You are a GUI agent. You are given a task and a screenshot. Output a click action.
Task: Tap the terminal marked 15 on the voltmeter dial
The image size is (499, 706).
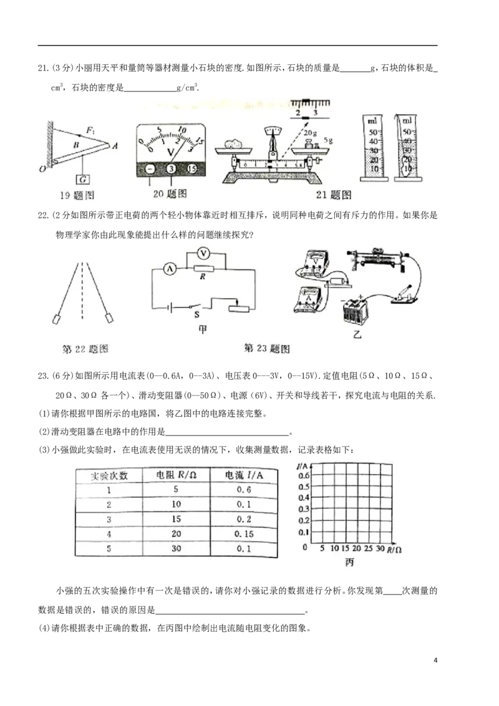192,169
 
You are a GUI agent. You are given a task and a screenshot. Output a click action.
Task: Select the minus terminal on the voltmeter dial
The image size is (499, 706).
149,169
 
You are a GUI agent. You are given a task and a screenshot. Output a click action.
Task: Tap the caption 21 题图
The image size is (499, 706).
334,195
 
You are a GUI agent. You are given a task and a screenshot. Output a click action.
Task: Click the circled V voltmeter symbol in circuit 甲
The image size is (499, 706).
201,253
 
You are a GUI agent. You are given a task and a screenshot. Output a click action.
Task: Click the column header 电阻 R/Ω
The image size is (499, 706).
177,475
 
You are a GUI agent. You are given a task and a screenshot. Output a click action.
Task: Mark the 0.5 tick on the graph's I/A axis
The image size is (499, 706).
304,486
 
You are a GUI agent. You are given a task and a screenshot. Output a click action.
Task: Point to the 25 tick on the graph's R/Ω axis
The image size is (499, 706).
367,549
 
